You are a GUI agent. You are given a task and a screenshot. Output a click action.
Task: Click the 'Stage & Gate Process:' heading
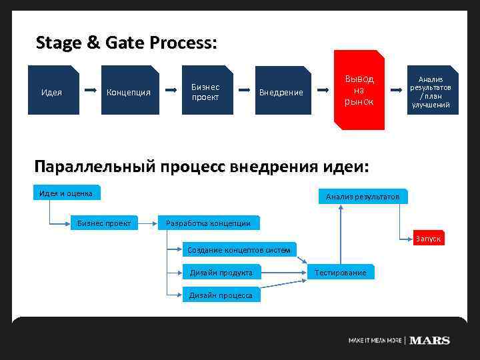(126, 43)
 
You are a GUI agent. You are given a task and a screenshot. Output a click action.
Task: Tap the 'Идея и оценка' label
(67, 193)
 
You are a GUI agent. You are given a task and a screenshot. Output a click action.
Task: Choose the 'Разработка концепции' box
(207, 223)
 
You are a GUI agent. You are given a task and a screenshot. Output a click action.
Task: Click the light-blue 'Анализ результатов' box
(363, 196)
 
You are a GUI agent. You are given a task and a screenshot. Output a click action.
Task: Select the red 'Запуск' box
(427, 238)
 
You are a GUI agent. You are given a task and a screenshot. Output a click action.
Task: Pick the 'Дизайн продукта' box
(221, 272)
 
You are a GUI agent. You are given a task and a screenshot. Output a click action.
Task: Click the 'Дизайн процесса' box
(221, 295)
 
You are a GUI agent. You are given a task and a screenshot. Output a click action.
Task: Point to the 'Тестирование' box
(340, 272)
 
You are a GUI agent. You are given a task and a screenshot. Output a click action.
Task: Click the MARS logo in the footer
(429, 340)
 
